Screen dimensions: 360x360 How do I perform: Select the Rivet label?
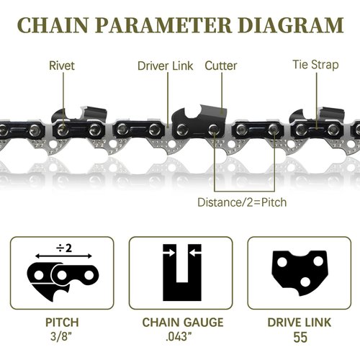[62, 66]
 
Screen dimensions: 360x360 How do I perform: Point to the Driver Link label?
[166, 66]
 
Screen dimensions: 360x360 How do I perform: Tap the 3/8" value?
[61, 336]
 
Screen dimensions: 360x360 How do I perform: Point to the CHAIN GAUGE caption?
[180, 323]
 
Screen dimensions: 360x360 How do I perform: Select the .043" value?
[180, 336]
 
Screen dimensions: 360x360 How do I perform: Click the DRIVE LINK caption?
[298, 323]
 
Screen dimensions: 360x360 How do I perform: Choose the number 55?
[298, 336]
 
